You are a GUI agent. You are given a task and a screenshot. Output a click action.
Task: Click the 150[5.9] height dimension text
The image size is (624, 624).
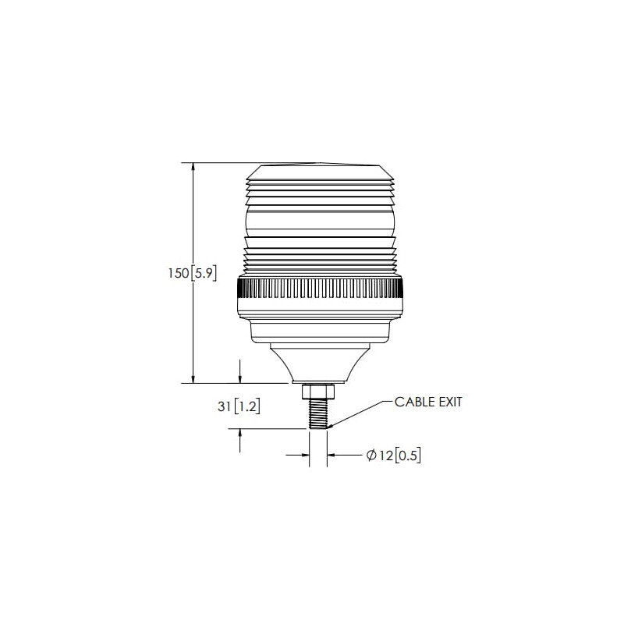pos(192,274)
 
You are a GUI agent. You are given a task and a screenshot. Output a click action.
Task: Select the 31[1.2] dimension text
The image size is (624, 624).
pos(239,406)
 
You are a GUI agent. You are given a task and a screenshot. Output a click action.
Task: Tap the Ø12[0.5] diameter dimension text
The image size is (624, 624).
pos(393,456)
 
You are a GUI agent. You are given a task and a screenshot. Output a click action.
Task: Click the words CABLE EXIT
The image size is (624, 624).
pos(428,402)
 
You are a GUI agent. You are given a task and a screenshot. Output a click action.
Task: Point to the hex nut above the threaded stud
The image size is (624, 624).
pos(318,392)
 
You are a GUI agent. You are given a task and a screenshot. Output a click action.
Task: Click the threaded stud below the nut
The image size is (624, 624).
pos(318,414)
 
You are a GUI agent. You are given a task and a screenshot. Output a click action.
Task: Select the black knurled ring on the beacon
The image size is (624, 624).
pos(320,289)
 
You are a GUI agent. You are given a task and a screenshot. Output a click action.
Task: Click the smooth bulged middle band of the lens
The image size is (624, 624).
pos(320,221)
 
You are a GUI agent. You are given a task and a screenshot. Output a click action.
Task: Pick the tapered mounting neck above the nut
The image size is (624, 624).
pos(320,363)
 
